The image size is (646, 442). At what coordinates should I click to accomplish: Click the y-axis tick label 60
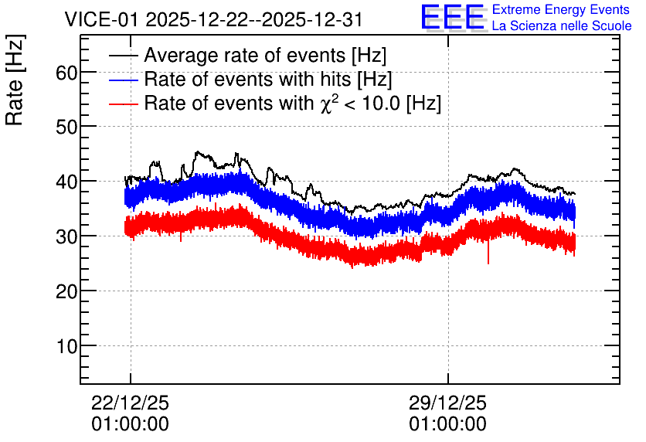click(x=66, y=73)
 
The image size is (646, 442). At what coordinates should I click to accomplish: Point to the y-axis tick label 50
click(x=66, y=127)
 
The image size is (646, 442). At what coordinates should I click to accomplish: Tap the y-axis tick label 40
click(x=66, y=182)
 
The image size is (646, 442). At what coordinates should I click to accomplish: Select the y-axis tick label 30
click(x=66, y=237)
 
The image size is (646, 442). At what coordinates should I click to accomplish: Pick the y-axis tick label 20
click(x=66, y=291)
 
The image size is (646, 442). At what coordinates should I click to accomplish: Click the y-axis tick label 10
click(x=66, y=346)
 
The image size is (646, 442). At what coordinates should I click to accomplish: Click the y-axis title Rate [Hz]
click(x=15, y=80)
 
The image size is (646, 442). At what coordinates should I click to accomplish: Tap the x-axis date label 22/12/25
click(x=130, y=403)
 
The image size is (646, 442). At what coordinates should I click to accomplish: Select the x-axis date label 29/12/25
click(x=448, y=403)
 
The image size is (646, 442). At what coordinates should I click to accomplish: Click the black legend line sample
click(x=123, y=56)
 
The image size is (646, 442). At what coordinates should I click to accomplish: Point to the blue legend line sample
click(x=123, y=80)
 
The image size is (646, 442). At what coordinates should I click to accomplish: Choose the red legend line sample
click(x=123, y=104)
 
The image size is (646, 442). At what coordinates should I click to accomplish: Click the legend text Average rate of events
click(x=245, y=55)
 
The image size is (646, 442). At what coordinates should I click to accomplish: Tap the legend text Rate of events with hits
click(x=247, y=79)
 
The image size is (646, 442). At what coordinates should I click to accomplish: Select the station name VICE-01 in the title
click(x=102, y=19)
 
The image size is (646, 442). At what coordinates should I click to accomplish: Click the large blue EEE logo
click(x=454, y=18)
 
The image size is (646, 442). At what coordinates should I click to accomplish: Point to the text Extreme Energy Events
click(x=561, y=9)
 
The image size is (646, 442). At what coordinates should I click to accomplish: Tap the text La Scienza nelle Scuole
click(x=562, y=26)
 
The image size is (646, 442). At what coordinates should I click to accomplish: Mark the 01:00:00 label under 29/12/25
click(x=448, y=424)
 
